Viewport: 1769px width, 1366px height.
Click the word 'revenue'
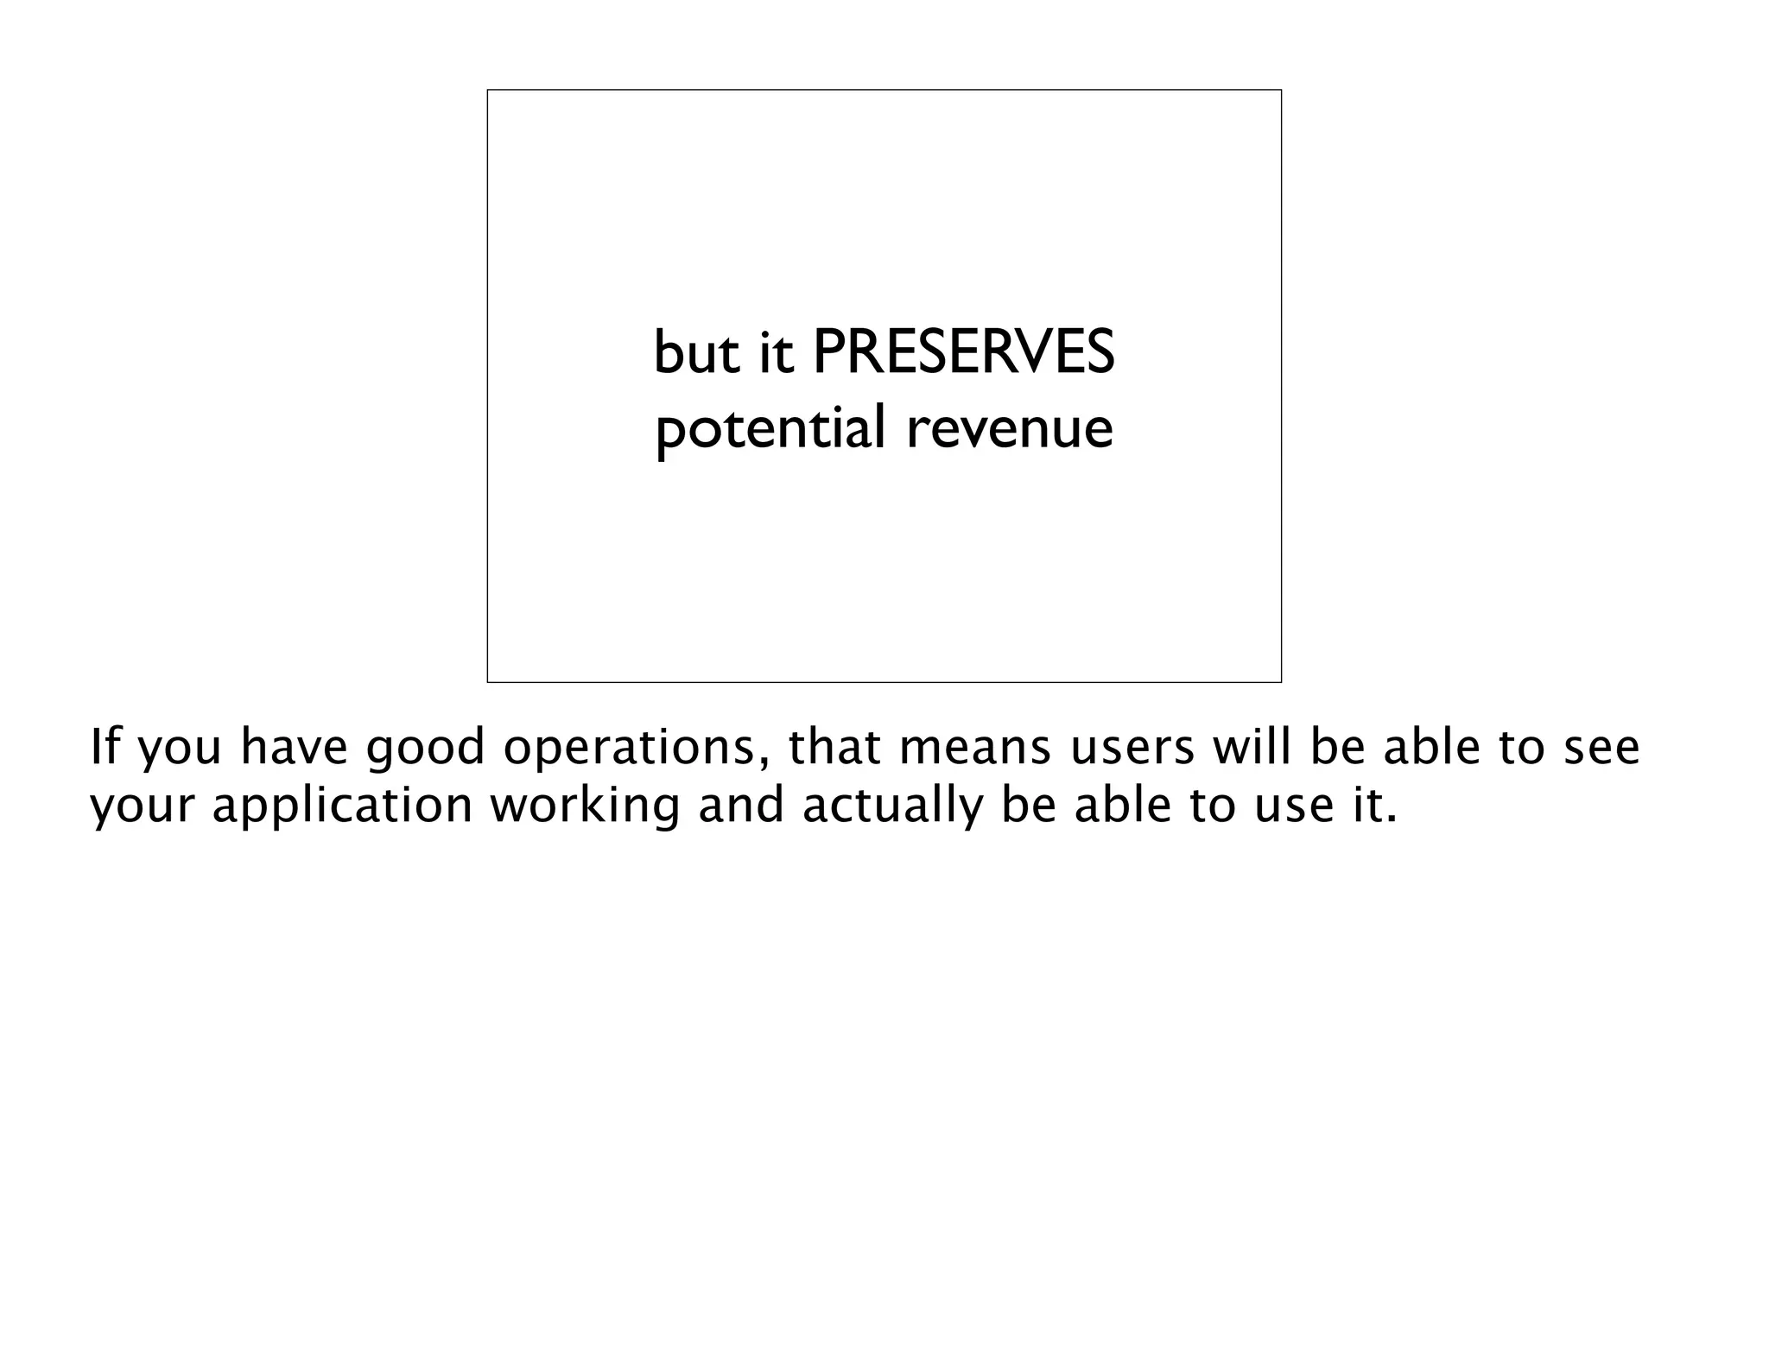[x=1010, y=429]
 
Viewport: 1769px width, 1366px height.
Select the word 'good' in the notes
[x=425, y=749]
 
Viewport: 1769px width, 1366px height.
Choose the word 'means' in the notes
[x=975, y=749]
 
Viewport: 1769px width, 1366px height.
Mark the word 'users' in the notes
[x=1132, y=749]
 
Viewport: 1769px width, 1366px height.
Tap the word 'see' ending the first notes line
[x=1602, y=749]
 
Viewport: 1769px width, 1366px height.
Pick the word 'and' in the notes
[x=741, y=806]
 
